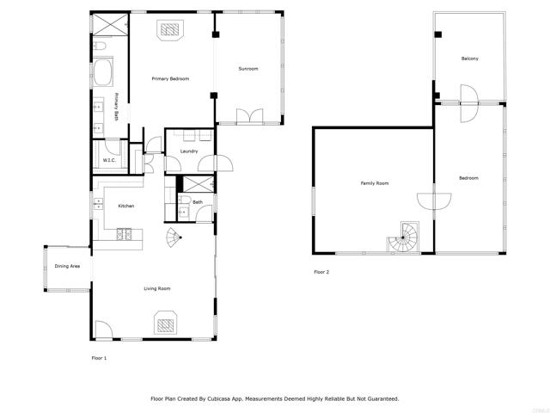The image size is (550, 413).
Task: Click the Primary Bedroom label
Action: pos(170,79)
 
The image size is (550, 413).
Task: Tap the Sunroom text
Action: pos(248,69)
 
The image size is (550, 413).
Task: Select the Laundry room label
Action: pos(189,151)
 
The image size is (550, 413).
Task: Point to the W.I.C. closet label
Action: pos(109,160)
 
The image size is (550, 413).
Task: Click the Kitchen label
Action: pos(125,206)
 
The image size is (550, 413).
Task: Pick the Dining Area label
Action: pos(67,267)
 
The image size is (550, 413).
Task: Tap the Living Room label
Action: pos(156,288)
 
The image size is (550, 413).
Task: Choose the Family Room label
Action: pos(374,183)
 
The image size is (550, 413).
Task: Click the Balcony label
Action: pos(469,59)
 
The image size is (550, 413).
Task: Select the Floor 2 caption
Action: pos(321,272)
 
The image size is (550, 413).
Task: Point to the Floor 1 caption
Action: pos(100,356)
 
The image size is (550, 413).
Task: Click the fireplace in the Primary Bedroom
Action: pos(168,30)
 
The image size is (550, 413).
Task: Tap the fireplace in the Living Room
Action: pos(165,324)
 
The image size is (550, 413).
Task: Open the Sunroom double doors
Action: pos(247,115)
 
